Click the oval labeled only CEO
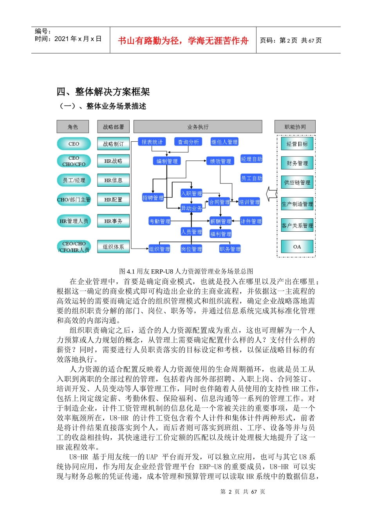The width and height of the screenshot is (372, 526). pos(74,144)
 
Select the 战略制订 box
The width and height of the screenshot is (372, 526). pos(113,144)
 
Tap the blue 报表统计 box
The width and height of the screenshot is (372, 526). pos(152,142)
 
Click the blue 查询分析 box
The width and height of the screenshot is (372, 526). pos(188,142)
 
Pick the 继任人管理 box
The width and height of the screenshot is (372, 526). pos(224,142)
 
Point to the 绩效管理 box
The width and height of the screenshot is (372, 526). pos(220,161)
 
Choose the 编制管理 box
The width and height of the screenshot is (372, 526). pos(167,161)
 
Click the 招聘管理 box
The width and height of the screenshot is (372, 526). pos(153,198)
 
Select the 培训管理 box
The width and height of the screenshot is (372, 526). pos(249,202)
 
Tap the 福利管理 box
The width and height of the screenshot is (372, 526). pos(220,234)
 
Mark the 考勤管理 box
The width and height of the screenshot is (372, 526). pos(160,221)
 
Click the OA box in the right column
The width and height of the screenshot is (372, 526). pos(297,247)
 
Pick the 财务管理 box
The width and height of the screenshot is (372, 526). pos(297,163)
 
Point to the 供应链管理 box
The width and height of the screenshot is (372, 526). pos(297,182)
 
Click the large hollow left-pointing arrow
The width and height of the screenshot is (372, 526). pos(271,194)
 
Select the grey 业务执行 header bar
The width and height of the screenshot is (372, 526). pos(198,127)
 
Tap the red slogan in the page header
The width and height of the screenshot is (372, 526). pos(183,41)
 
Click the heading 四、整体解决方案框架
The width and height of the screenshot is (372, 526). pos(103,92)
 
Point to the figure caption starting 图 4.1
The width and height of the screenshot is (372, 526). pos(186,271)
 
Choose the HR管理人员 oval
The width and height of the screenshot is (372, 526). pos(74,221)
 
